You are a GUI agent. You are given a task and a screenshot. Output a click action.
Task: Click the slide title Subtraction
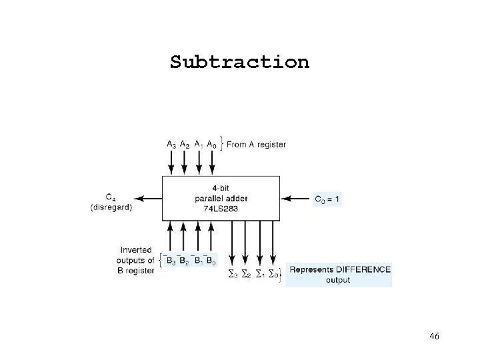click(x=239, y=62)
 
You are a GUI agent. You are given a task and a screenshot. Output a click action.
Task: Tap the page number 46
click(x=434, y=337)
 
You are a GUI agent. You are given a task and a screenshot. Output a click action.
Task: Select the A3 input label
click(x=172, y=143)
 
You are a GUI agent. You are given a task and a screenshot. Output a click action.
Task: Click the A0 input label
click(x=211, y=143)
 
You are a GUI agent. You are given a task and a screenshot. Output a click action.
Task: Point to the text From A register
click(x=256, y=144)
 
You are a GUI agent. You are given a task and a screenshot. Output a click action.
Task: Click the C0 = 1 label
click(x=327, y=198)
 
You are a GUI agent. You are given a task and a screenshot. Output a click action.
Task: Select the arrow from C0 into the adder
click(x=296, y=198)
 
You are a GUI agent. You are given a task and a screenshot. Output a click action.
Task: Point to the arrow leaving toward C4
click(x=148, y=198)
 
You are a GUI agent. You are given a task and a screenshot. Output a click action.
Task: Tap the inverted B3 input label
click(x=171, y=261)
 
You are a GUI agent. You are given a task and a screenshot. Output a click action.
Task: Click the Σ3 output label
click(x=233, y=274)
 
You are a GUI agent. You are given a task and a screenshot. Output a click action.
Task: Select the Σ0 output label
click(x=273, y=274)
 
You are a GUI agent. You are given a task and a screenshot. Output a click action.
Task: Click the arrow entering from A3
click(x=171, y=163)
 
